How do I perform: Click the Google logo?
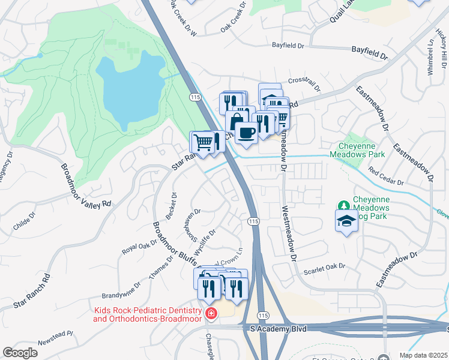pyautogui.click(x=20, y=353)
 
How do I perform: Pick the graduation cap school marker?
pyautogui.click(x=346, y=221)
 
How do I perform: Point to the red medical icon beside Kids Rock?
pyautogui.click(x=211, y=313)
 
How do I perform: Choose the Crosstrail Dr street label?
pyautogui.click(x=304, y=80)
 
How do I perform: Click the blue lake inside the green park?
pyautogui.click(x=126, y=87)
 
